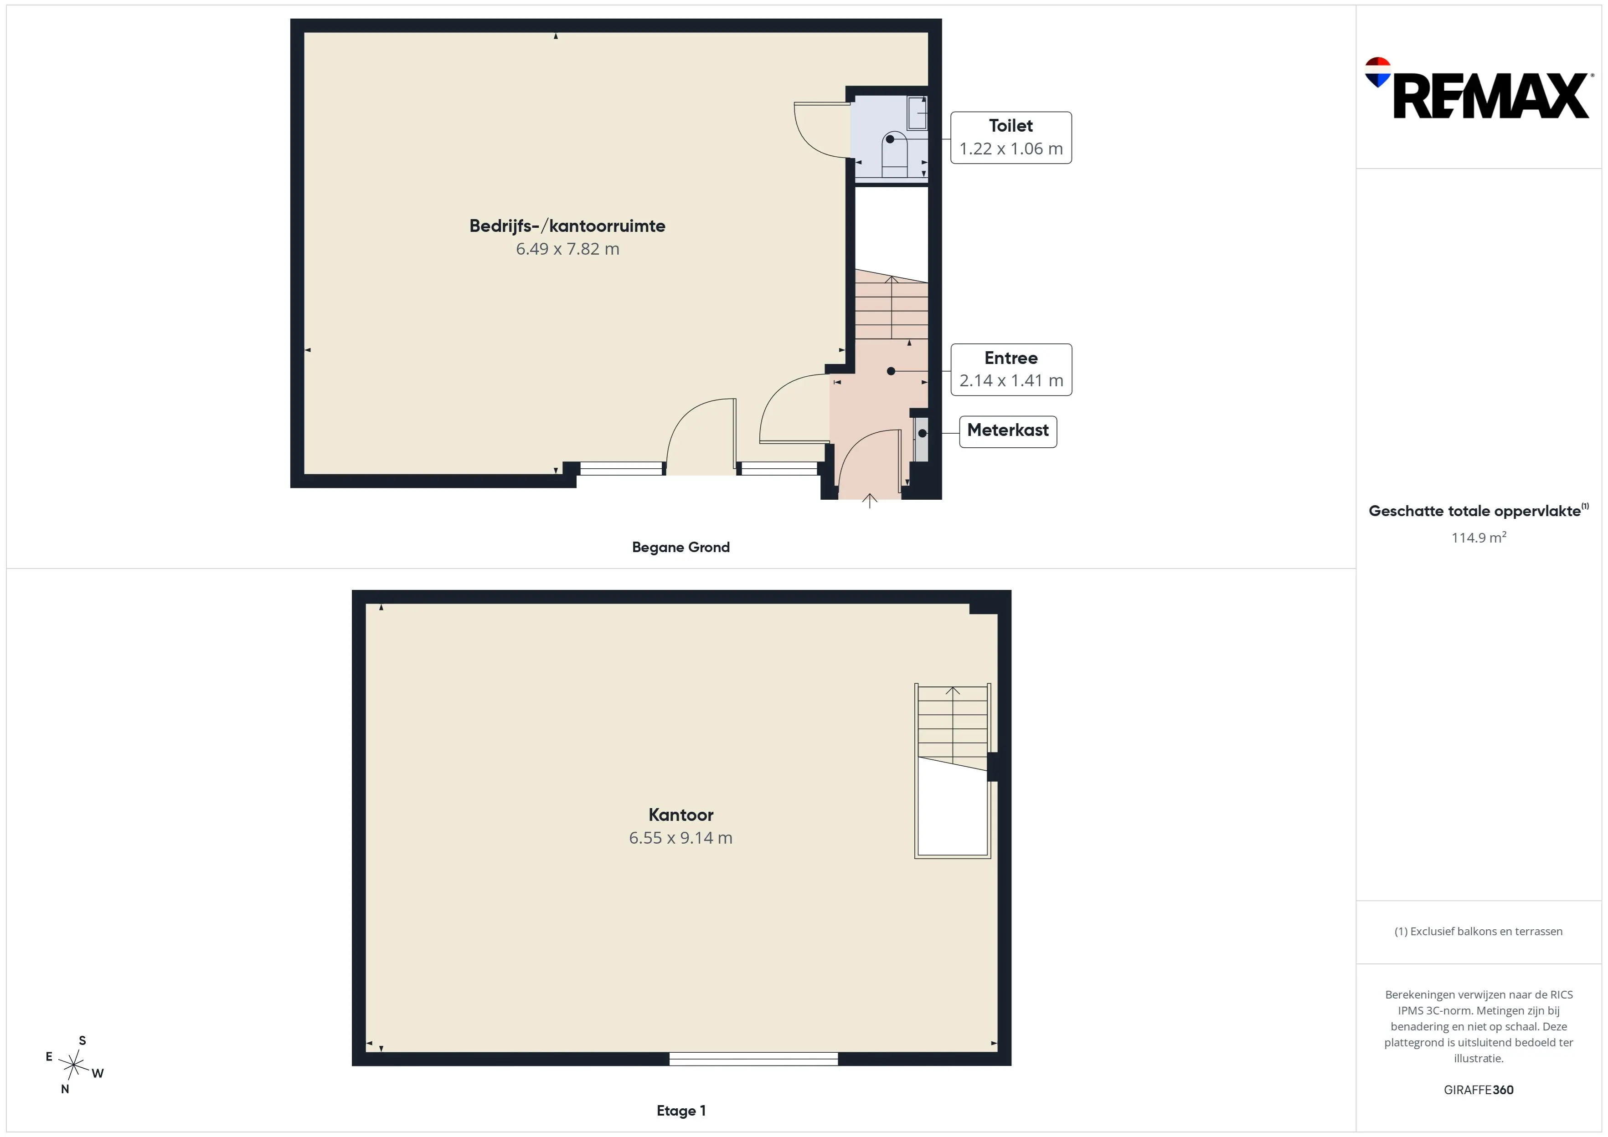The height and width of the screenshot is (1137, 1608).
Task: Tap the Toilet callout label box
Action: pyautogui.click(x=1010, y=138)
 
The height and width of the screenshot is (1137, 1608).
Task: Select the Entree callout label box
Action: pyautogui.click(x=1010, y=370)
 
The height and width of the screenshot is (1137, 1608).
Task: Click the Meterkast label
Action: pyautogui.click(x=1008, y=430)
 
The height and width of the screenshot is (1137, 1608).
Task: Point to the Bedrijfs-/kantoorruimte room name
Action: pyautogui.click(x=567, y=226)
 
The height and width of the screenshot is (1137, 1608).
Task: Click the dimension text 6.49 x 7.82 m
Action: pyautogui.click(x=567, y=249)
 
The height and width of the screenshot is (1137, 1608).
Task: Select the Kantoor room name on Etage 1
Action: pyautogui.click(x=681, y=815)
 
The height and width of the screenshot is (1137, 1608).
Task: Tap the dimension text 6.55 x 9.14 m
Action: pyautogui.click(x=681, y=838)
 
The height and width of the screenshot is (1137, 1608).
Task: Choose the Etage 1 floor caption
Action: pyautogui.click(x=681, y=1111)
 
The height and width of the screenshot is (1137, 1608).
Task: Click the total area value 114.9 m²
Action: pyautogui.click(x=1479, y=537)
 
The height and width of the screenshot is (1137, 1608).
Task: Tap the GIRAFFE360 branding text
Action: pyautogui.click(x=1479, y=1090)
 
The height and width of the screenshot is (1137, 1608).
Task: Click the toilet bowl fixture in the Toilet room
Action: pyautogui.click(x=894, y=154)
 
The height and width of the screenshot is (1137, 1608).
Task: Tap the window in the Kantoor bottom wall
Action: pyautogui.click(x=753, y=1059)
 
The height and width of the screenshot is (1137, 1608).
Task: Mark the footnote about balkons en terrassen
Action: pyautogui.click(x=1479, y=931)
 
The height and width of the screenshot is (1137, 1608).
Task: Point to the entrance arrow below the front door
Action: pyautogui.click(x=870, y=501)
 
